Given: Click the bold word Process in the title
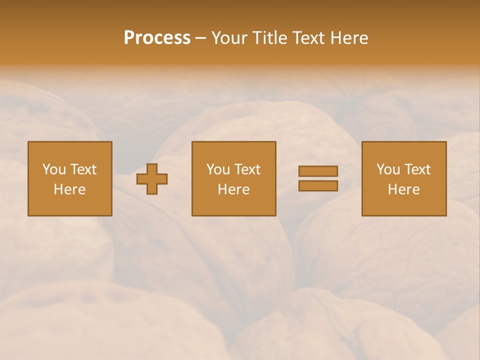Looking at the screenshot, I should coord(157,38).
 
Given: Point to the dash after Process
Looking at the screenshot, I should coord(200,38).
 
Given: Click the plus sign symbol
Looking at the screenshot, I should coord(152,178).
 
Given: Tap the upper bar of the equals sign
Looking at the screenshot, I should coord(318,171).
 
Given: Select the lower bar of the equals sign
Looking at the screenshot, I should coord(318,185).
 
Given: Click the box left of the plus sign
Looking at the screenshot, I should coord(70,178).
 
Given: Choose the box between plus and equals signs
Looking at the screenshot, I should coord(234,178).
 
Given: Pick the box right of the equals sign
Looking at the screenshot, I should coord(404,178).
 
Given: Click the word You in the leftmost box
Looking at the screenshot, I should coord(54,169).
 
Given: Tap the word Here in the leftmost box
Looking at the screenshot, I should coord(70,189).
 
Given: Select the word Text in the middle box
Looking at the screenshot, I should coord(247,169).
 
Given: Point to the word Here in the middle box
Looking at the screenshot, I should coord(234,189).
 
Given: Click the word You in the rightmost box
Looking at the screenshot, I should coord(388,169).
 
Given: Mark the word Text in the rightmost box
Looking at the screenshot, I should coord(417,169).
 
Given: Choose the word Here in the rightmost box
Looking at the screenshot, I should coord(404,189).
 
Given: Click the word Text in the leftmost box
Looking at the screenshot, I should coord(83,169).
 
